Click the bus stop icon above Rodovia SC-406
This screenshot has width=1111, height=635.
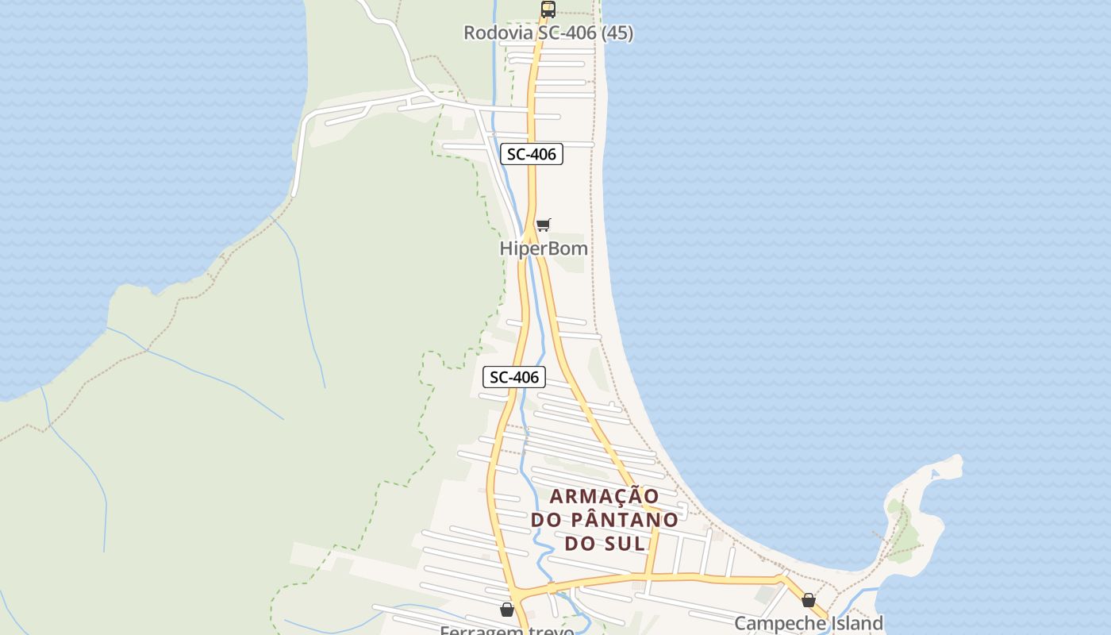pos(548,10)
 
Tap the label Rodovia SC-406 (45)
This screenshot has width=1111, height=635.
pos(548,33)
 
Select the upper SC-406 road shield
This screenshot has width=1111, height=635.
pos(532,154)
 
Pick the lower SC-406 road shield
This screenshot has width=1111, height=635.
pos(514,377)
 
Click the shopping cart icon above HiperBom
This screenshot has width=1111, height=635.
pos(543,225)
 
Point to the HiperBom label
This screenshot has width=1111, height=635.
pos(544,248)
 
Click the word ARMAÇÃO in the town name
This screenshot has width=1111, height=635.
pos(605,497)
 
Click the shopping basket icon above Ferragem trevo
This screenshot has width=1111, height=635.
pos(507,610)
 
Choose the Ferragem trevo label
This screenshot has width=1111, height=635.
pos(507,630)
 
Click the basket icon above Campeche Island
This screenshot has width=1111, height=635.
pos(808,600)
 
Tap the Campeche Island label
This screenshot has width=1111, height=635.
pos(808,623)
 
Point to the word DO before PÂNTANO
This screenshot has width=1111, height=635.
pos(546,520)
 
